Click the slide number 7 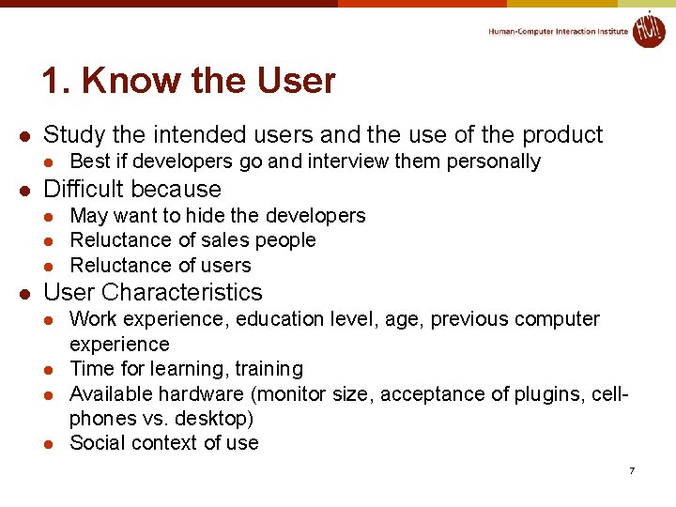[632, 470]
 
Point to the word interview [344, 161]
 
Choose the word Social [98, 443]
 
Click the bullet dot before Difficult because [27, 190]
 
